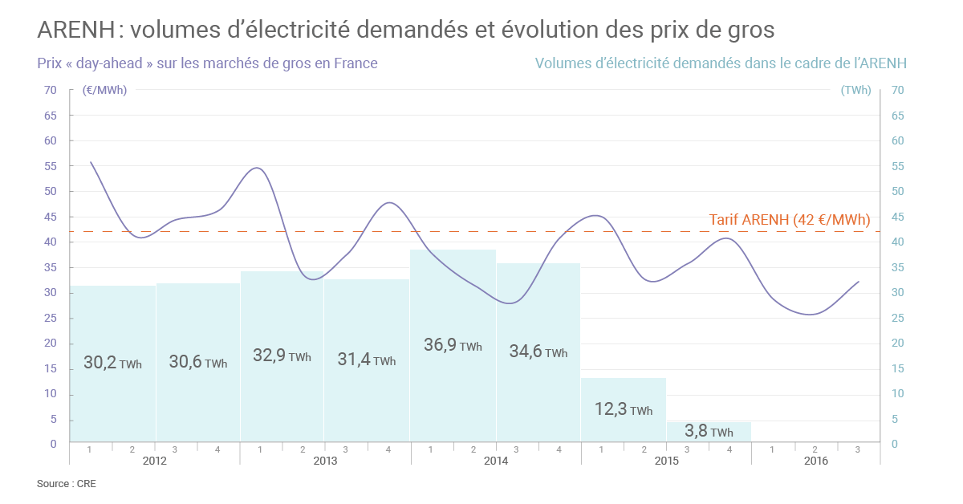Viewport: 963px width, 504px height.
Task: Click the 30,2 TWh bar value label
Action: [112, 362]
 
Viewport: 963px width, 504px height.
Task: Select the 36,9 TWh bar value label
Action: [453, 345]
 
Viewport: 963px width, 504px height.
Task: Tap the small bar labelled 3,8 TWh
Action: [709, 431]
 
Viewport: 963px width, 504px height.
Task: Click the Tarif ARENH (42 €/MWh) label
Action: [789, 220]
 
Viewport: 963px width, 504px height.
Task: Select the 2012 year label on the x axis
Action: [154, 461]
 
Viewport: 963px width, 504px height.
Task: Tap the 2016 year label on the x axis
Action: [815, 461]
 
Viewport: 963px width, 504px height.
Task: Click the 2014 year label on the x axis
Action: [495, 461]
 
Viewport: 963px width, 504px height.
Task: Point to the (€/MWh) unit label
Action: [104, 90]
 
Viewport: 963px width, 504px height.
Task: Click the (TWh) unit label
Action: [855, 90]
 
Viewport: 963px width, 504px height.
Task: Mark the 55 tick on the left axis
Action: [51, 166]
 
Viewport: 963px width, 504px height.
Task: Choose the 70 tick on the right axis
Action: [898, 90]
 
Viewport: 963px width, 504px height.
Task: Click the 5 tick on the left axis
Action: [54, 419]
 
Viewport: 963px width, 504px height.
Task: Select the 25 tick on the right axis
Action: [898, 318]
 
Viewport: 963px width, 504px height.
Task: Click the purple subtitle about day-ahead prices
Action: [207, 63]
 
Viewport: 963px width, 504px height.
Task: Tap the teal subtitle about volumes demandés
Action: [725, 63]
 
